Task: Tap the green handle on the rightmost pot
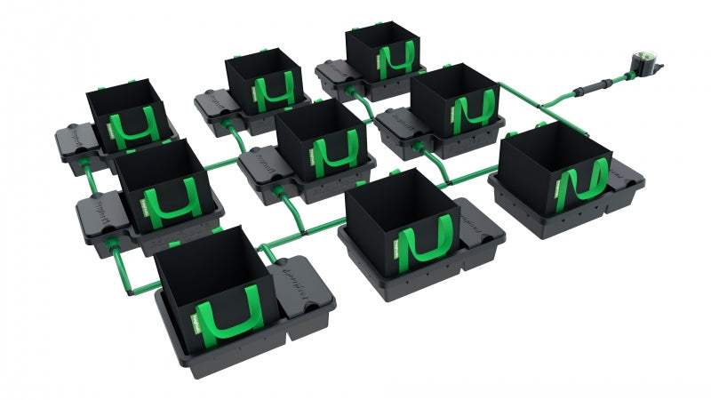(583, 188)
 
